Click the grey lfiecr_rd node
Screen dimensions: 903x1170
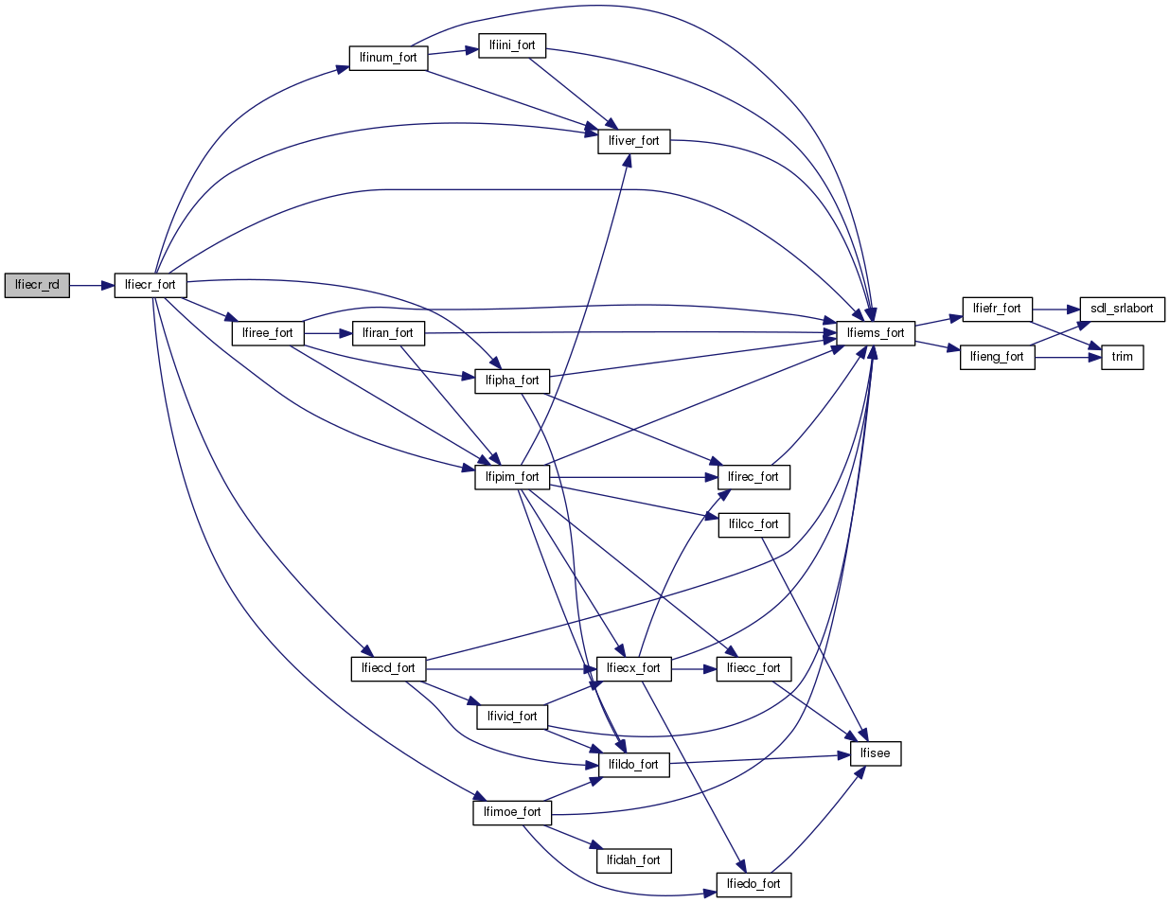click(37, 285)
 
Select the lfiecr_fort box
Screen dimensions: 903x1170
click(151, 285)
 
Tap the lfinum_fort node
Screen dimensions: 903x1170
click(388, 58)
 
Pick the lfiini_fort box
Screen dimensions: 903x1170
click(512, 45)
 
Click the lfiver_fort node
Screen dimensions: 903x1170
click(633, 141)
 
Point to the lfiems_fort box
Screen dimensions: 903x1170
click(876, 333)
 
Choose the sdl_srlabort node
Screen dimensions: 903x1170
click(1122, 309)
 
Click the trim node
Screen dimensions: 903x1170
click(1122, 357)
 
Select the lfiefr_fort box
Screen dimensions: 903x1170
click(997, 309)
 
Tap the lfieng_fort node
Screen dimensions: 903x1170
click(997, 357)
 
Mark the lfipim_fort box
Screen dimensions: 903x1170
click(512, 477)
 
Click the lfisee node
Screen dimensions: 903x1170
click(876, 753)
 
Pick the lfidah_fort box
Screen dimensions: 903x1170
click(633, 860)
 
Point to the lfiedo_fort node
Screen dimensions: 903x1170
click(753, 884)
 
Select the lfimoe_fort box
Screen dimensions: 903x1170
click(512, 812)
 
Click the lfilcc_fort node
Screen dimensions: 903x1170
click(753, 524)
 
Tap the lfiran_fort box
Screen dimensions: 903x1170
click(388, 333)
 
